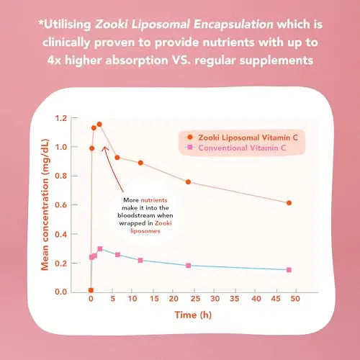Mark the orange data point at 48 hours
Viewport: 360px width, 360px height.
click(289, 203)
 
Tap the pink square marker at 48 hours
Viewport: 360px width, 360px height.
click(289, 270)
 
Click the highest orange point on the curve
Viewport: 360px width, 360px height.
click(99, 125)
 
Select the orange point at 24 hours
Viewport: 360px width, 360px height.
click(189, 181)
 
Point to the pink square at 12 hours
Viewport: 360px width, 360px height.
click(140, 260)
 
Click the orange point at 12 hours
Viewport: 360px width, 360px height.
click(140, 163)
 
